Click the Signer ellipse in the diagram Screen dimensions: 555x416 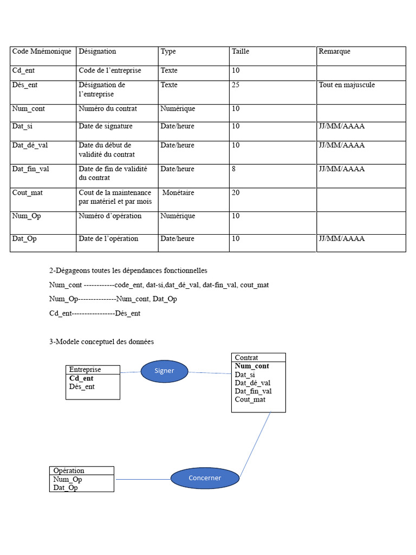click(164, 371)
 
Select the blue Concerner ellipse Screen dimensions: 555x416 click(205, 477)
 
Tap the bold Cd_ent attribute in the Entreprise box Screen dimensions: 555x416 click(81, 378)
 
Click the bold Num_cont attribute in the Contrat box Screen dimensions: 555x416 click(252, 366)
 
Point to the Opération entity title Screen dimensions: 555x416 click(69, 470)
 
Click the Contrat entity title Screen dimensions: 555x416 click(246, 358)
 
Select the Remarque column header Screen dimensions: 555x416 click(334, 51)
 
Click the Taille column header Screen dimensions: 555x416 click(240, 51)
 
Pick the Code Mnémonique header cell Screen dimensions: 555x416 click(42, 51)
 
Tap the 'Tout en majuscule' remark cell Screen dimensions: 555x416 click(347, 85)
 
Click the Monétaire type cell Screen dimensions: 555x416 click(178, 193)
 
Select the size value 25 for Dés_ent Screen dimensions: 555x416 click(236, 85)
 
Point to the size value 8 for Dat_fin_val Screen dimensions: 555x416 click(234, 169)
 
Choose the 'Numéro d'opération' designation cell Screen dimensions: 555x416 click(110, 216)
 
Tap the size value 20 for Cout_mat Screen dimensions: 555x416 click(236, 193)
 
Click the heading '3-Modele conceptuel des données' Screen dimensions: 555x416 click(101, 342)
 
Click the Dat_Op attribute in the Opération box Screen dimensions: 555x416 click(66, 487)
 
